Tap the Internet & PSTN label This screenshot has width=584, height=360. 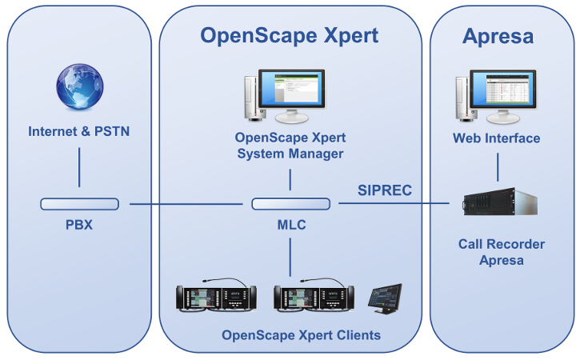pos(78,131)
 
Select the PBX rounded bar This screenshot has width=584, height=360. pos(79,204)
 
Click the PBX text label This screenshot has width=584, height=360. pos(79,225)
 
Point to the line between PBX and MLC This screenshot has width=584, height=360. pos(186,204)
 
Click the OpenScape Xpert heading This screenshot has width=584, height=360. pos(289,35)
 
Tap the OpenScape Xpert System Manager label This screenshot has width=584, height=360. pos(290,145)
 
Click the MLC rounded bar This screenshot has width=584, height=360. pos(290,204)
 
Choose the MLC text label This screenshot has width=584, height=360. pos(290,225)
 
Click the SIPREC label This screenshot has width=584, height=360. pos(385,190)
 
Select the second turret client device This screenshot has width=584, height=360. pos(313,297)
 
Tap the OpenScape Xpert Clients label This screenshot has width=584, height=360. pos(301,334)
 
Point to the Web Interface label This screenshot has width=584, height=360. pos(497,138)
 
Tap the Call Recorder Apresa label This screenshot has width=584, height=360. pos(501,252)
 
